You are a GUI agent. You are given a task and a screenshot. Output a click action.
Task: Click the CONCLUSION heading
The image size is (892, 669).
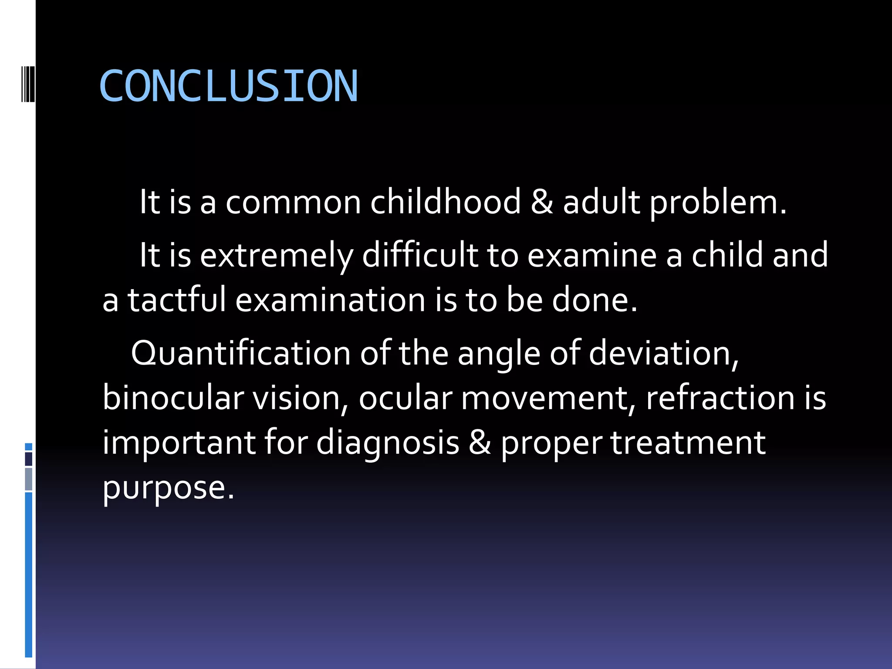(228, 86)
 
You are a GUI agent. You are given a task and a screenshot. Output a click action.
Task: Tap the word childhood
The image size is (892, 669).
(445, 203)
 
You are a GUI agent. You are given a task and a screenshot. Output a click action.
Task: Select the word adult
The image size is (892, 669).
(601, 203)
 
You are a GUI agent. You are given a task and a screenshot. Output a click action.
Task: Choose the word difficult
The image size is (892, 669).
(419, 255)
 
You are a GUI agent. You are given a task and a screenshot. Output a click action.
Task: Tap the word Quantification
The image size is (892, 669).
(240, 354)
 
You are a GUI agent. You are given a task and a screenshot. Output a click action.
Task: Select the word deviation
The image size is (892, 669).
(663, 354)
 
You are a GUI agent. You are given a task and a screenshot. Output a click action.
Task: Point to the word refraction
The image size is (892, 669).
(720, 398)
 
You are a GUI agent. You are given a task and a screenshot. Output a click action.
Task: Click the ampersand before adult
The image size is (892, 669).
(542, 203)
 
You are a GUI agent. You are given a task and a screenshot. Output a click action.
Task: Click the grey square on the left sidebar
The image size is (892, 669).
(28, 479)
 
